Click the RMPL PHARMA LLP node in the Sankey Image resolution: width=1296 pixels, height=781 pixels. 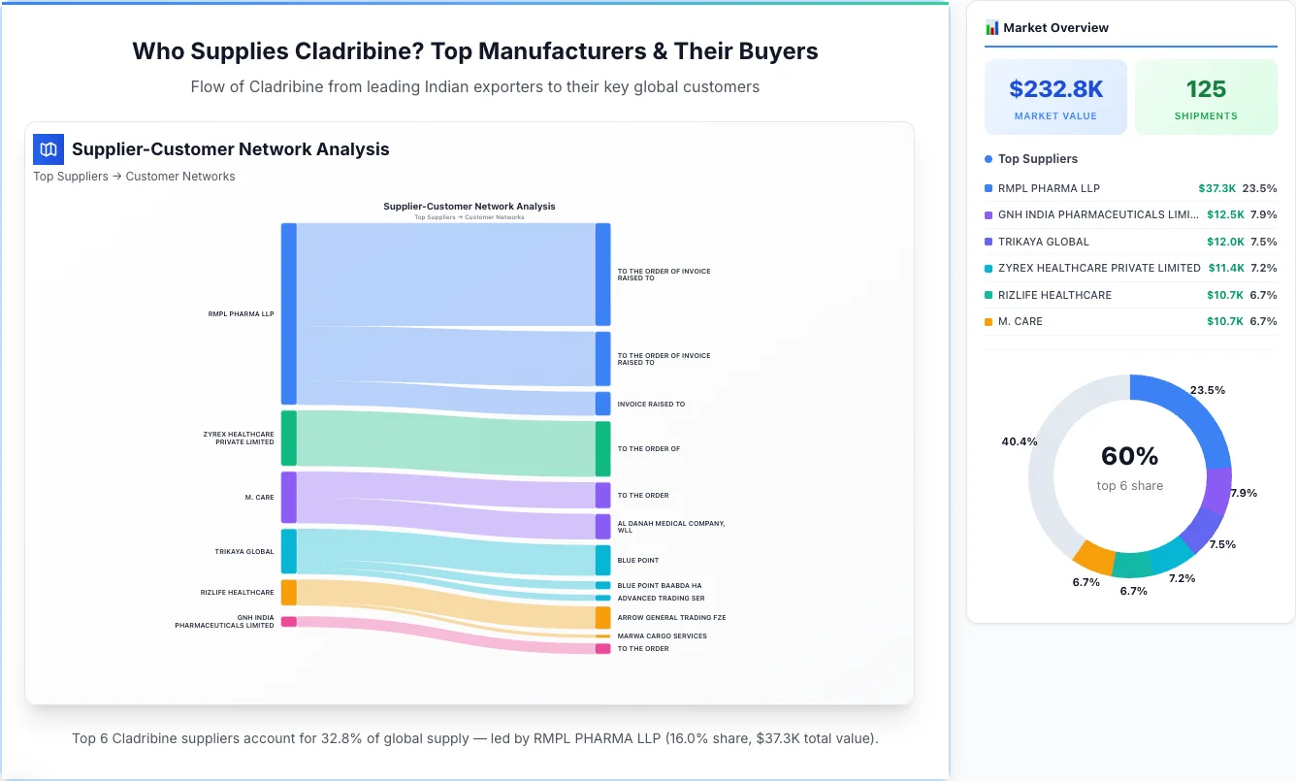pos(288,313)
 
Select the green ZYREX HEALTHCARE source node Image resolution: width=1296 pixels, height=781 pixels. pos(288,439)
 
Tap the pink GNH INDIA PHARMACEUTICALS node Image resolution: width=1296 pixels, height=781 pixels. pos(288,622)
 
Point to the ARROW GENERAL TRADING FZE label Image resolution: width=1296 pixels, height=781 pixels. pos(671,617)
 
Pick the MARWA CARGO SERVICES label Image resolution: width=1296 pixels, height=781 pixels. pos(662,636)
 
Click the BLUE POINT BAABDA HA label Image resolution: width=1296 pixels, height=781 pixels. pos(659,586)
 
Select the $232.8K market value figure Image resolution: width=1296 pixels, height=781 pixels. pos(1055,89)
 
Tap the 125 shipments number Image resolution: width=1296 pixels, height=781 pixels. pos(1206,89)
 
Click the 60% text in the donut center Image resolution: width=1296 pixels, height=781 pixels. pos(1129,456)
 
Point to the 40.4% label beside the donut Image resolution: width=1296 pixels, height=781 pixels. pos(1019,441)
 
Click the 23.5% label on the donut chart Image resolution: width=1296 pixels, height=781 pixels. pos(1207,390)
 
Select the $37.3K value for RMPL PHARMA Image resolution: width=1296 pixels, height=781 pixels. pos(1216,188)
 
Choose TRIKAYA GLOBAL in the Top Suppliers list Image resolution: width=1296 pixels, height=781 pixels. pos(1043,242)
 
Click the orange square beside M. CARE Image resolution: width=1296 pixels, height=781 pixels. pos(988,322)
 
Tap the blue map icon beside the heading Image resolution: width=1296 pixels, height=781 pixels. pos(49,149)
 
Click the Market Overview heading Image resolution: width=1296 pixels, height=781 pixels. pos(1055,28)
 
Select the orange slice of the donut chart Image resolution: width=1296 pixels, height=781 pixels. pos(1094,557)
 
